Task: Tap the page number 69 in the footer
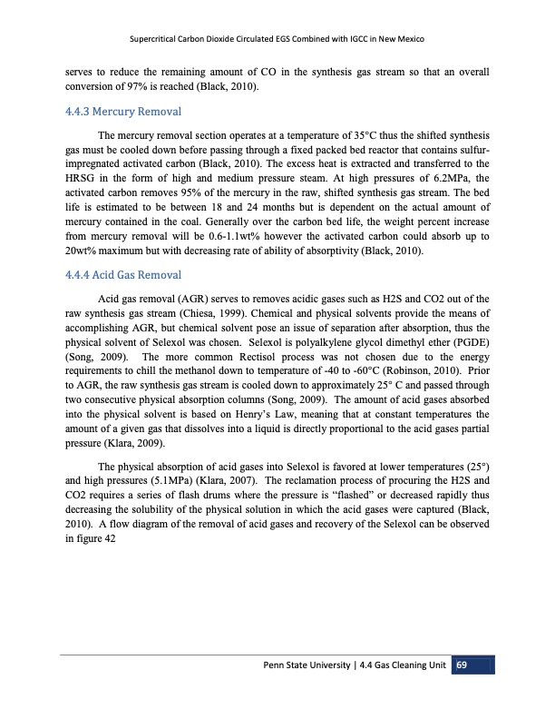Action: [461, 668]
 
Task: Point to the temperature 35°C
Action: [396, 136]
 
